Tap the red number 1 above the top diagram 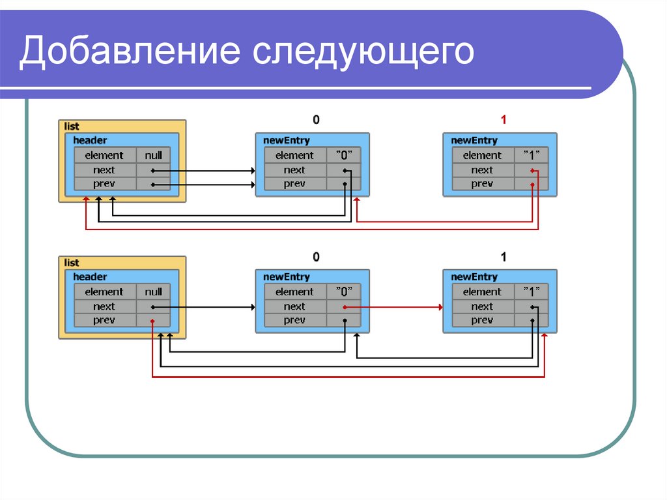(x=503, y=120)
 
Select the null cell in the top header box (x=154, y=155)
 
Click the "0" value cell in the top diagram (x=343, y=155)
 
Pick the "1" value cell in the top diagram (x=531, y=155)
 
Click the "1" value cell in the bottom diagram (x=531, y=292)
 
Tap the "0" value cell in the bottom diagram (x=343, y=292)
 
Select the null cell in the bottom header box (x=154, y=292)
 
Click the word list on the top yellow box (x=72, y=126)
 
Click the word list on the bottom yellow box (x=72, y=263)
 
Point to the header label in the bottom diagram (x=90, y=277)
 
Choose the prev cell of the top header (x=104, y=184)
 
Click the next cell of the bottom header (x=104, y=306)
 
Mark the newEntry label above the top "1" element (x=474, y=140)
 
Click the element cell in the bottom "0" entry (x=294, y=292)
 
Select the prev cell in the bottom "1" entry (x=482, y=320)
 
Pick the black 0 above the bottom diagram (x=316, y=257)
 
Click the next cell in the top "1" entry (x=482, y=170)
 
